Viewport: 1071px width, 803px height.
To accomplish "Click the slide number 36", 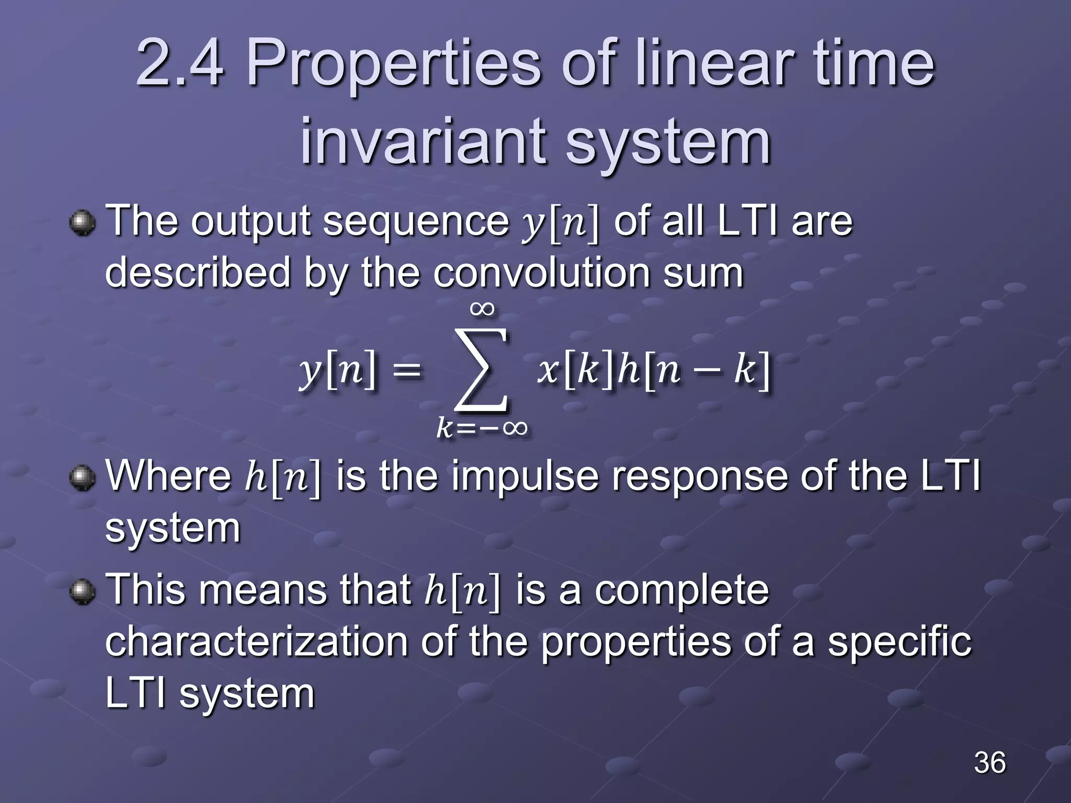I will coord(989,762).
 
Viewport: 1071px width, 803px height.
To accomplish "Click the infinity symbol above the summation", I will coord(482,308).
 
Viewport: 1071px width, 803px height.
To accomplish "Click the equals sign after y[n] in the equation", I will coord(406,371).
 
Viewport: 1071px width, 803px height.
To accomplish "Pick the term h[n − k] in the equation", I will coord(693,370).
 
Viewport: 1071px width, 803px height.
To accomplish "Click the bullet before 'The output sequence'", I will coord(82,223).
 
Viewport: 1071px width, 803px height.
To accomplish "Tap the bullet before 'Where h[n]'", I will coord(82,477).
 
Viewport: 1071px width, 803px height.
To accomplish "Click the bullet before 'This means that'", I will coord(82,591).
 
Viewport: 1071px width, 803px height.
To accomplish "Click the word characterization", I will coord(256,642).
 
